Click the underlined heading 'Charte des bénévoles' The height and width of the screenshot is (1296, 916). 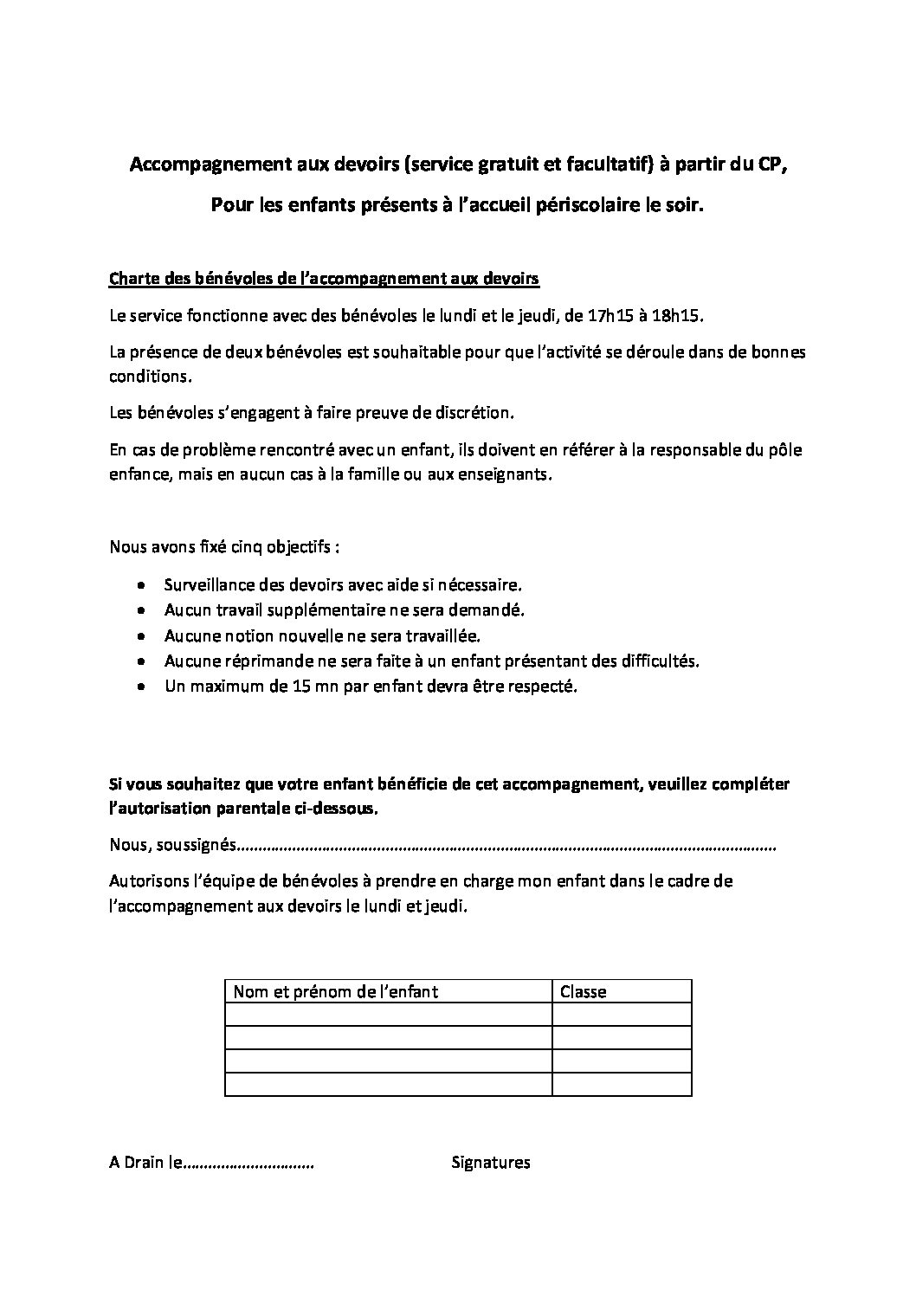[324, 279]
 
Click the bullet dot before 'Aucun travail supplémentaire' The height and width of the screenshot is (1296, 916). [142, 610]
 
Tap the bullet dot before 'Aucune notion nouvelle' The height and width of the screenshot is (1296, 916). [142, 635]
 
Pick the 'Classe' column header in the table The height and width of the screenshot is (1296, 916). [584, 991]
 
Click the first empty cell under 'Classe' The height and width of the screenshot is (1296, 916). [621, 1014]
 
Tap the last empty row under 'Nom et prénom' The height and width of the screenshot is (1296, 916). [388, 1084]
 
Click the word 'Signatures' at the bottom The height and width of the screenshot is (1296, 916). [491, 1163]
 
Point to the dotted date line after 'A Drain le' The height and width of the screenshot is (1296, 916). [248, 1164]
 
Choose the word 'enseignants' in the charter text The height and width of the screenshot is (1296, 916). [503, 475]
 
